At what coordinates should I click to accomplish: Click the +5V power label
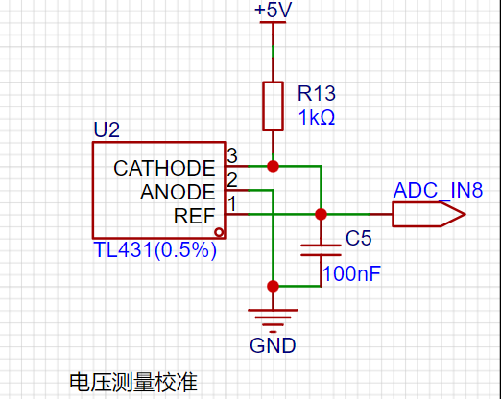(x=273, y=10)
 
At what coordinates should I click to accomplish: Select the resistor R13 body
(x=273, y=106)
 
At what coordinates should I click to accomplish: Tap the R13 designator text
(x=317, y=93)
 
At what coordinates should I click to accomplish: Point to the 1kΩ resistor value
(x=317, y=117)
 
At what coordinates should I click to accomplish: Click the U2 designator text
(x=107, y=129)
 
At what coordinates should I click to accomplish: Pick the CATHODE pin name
(x=164, y=168)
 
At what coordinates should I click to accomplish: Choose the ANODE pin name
(x=178, y=192)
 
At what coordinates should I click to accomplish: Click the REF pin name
(x=194, y=216)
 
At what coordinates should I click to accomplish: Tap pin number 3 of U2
(x=232, y=156)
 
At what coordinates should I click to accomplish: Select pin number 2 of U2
(x=232, y=179)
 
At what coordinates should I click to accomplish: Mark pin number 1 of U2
(x=232, y=203)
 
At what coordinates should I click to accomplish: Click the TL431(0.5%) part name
(x=155, y=249)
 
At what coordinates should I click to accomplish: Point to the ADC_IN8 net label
(x=438, y=190)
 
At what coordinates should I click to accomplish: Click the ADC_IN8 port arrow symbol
(x=429, y=214)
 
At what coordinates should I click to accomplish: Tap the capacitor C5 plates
(x=321, y=250)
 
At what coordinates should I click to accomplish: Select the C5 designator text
(x=358, y=238)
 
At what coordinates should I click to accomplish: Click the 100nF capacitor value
(x=351, y=273)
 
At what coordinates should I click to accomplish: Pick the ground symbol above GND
(x=273, y=320)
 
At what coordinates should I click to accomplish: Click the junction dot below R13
(x=273, y=166)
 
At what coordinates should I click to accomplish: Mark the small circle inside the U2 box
(x=219, y=232)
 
